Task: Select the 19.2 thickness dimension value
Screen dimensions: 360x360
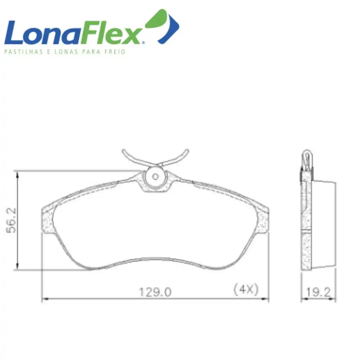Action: (318, 292)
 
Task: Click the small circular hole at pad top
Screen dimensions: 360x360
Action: (156, 176)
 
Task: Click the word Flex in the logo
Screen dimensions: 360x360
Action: (110, 33)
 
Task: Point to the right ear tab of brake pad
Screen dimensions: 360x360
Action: (262, 220)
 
